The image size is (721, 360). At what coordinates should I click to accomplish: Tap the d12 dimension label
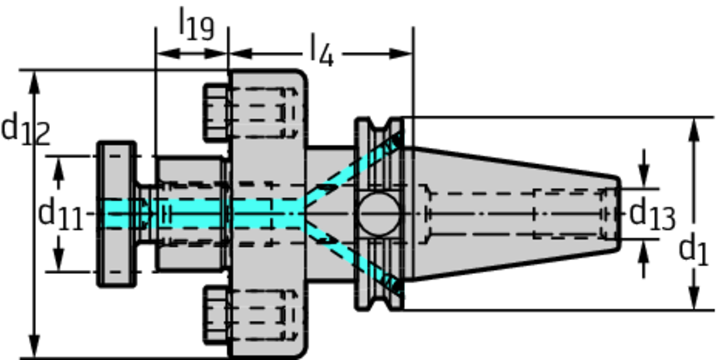[25, 131]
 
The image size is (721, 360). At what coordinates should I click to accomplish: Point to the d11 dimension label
[61, 214]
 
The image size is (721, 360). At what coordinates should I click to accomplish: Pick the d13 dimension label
[651, 214]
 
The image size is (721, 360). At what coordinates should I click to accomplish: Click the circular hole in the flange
[378, 214]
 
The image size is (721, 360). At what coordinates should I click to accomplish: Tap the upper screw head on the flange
[216, 111]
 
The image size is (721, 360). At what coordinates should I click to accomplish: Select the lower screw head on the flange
[216, 315]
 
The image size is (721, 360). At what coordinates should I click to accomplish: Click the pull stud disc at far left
[116, 214]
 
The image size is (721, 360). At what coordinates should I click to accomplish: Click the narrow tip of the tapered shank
[613, 214]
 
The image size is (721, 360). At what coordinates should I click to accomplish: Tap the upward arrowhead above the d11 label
[58, 165]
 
